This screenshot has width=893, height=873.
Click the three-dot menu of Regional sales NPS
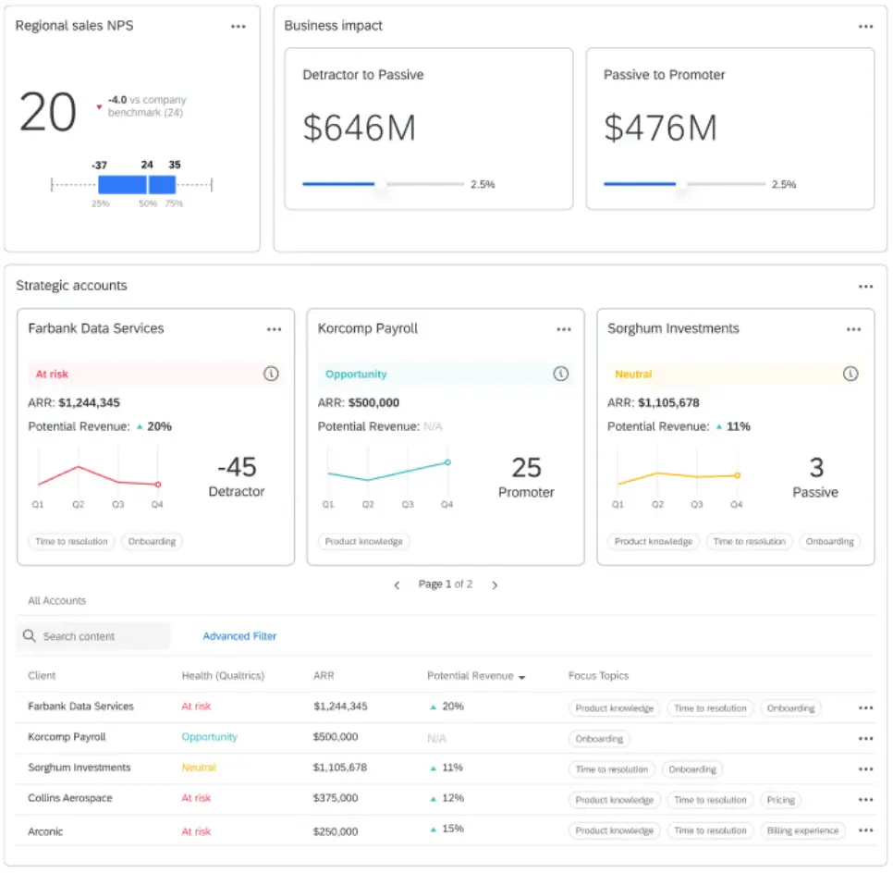point(239,27)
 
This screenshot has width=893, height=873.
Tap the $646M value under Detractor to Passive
point(359,128)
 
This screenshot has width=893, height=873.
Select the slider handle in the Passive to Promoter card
point(681,184)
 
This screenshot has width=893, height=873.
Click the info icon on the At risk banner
point(271,374)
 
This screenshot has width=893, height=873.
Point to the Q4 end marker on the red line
point(158,484)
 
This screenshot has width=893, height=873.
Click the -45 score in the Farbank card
point(236,467)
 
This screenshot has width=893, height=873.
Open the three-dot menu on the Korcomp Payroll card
point(564,329)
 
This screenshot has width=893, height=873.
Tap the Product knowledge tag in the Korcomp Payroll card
point(363,541)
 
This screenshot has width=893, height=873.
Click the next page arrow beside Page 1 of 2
point(495,584)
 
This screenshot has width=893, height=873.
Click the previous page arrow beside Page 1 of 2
point(397,584)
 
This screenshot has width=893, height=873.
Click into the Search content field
point(102,636)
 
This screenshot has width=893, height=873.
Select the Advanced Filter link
point(239,636)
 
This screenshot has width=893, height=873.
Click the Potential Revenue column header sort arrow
point(522,677)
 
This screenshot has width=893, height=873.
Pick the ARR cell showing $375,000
point(336,798)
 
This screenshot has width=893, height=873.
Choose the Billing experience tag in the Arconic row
point(802,830)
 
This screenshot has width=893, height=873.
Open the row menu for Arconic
point(865,830)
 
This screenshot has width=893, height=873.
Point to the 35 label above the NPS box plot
point(175,165)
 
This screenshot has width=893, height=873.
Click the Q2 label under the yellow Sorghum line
point(657,505)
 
